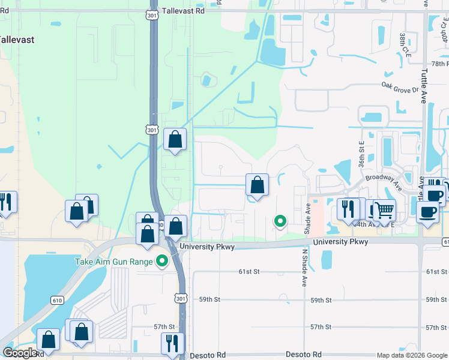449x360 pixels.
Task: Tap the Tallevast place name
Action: click(x=16, y=40)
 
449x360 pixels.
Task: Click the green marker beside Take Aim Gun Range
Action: click(x=161, y=261)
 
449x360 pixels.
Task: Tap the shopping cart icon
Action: click(x=384, y=210)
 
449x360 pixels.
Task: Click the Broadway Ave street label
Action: click(x=383, y=178)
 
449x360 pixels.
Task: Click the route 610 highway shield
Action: click(x=57, y=300)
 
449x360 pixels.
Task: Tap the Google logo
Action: click(x=20, y=353)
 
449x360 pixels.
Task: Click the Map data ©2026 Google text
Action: click(x=411, y=355)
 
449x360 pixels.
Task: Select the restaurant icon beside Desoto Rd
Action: click(x=172, y=343)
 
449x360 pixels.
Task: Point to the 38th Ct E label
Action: click(x=402, y=45)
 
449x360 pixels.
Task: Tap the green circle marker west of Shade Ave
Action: click(x=280, y=221)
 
